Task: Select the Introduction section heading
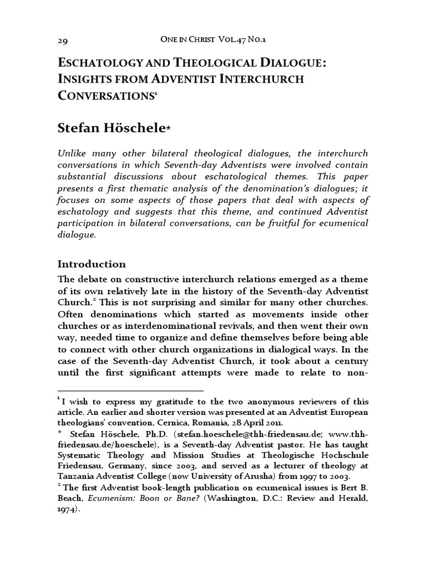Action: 92,263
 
